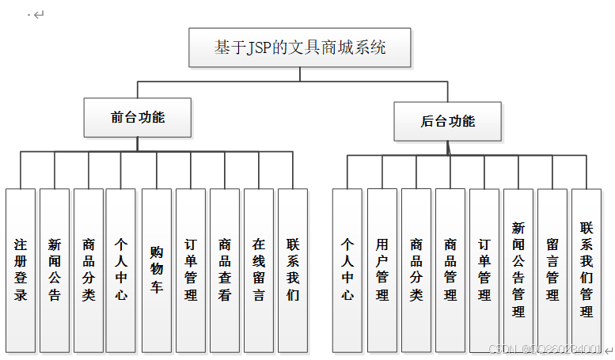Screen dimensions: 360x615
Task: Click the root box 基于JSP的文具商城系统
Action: [300, 47]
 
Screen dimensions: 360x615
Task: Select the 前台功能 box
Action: [138, 117]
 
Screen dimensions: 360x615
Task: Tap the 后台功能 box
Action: [447, 121]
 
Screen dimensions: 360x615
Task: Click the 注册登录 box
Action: [21, 270]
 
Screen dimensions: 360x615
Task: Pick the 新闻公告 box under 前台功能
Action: [55, 270]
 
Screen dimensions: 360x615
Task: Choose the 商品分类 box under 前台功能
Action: [89, 270]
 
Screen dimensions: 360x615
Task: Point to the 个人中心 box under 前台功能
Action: [121, 270]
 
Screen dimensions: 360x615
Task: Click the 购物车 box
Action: [157, 270]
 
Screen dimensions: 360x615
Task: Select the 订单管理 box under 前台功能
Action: [191, 270]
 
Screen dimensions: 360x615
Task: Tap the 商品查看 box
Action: [225, 270]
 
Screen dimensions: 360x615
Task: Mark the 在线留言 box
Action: [259, 270]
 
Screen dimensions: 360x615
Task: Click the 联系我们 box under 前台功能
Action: [293, 270]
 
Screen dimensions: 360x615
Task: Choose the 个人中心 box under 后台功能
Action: [347, 270]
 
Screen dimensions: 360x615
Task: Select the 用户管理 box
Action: [382, 270]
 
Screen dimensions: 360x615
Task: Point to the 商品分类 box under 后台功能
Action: [416, 270]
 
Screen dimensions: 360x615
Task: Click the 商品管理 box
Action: [450, 270]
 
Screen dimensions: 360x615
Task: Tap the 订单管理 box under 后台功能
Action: [484, 270]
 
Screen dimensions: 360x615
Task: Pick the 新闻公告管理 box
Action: [518, 270]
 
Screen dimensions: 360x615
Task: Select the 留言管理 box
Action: [552, 270]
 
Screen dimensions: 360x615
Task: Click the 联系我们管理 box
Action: [587, 270]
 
